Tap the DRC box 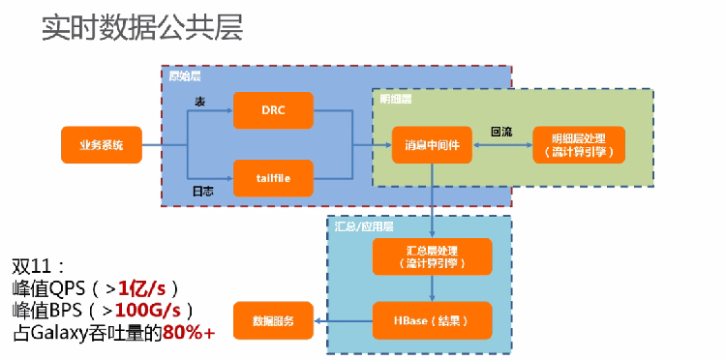273,110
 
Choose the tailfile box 273,177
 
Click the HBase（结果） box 432,319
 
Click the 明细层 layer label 394,99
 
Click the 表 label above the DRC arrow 200,101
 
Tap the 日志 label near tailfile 203,191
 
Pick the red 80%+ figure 189,334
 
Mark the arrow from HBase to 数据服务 343,319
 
